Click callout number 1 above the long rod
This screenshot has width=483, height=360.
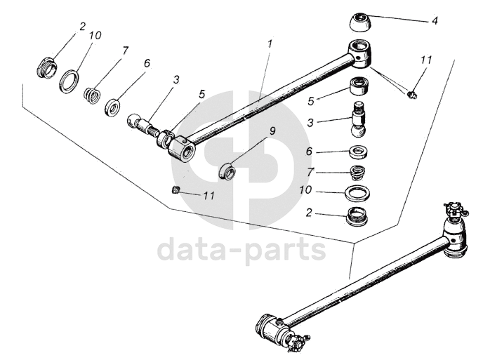(269, 44)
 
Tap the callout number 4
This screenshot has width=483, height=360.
(435, 21)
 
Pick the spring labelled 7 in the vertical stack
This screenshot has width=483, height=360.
(359, 172)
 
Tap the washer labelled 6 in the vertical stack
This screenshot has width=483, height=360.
(359, 152)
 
